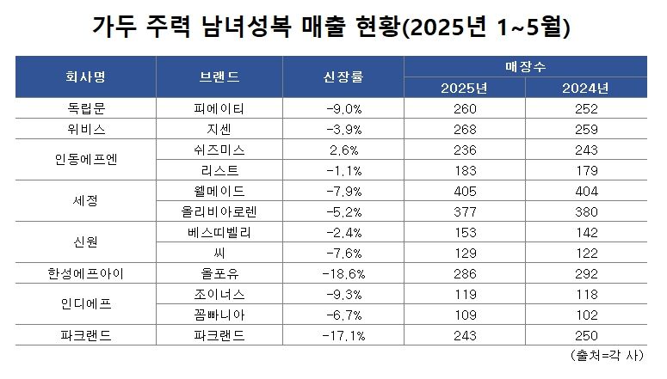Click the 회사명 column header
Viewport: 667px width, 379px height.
click(x=85, y=76)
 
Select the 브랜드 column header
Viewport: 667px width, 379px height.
click(x=219, y=76)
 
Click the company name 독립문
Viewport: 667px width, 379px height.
click(x=85, y=108)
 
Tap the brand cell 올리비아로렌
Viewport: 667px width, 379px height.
click(x=220, y=210)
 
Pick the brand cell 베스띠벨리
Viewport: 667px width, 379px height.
click(x=220, y=231)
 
